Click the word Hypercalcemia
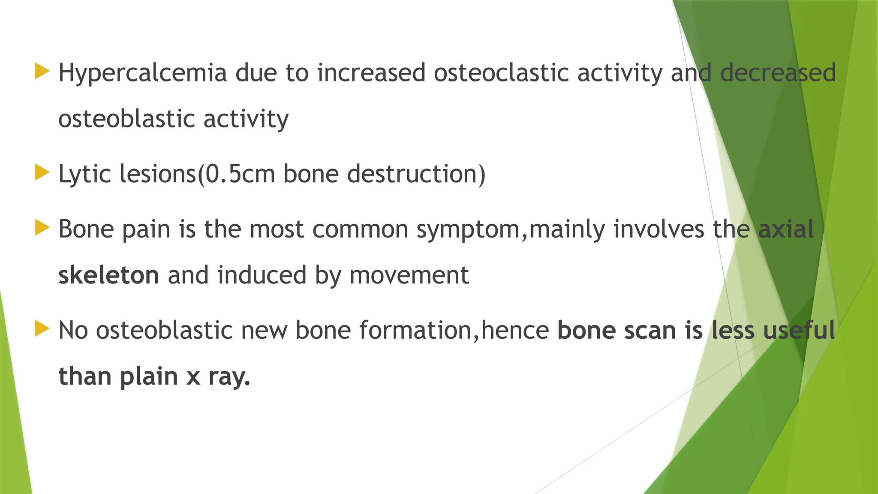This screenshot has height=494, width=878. tap(142, 73)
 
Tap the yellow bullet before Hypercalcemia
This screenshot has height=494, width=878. tap(42, 71)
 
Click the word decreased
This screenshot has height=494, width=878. tap(778, 72)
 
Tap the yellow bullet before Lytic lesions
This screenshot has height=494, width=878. tap(42, 173)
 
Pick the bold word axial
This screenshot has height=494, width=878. tap(785, 229)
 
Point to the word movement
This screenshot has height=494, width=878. tap(409, 275)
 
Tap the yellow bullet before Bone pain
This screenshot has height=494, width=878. tap(42, 228)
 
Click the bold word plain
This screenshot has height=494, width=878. tap(149, 377)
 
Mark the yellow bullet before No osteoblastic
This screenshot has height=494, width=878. tap(42, 329)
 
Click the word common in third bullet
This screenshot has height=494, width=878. tap(360, 229)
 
